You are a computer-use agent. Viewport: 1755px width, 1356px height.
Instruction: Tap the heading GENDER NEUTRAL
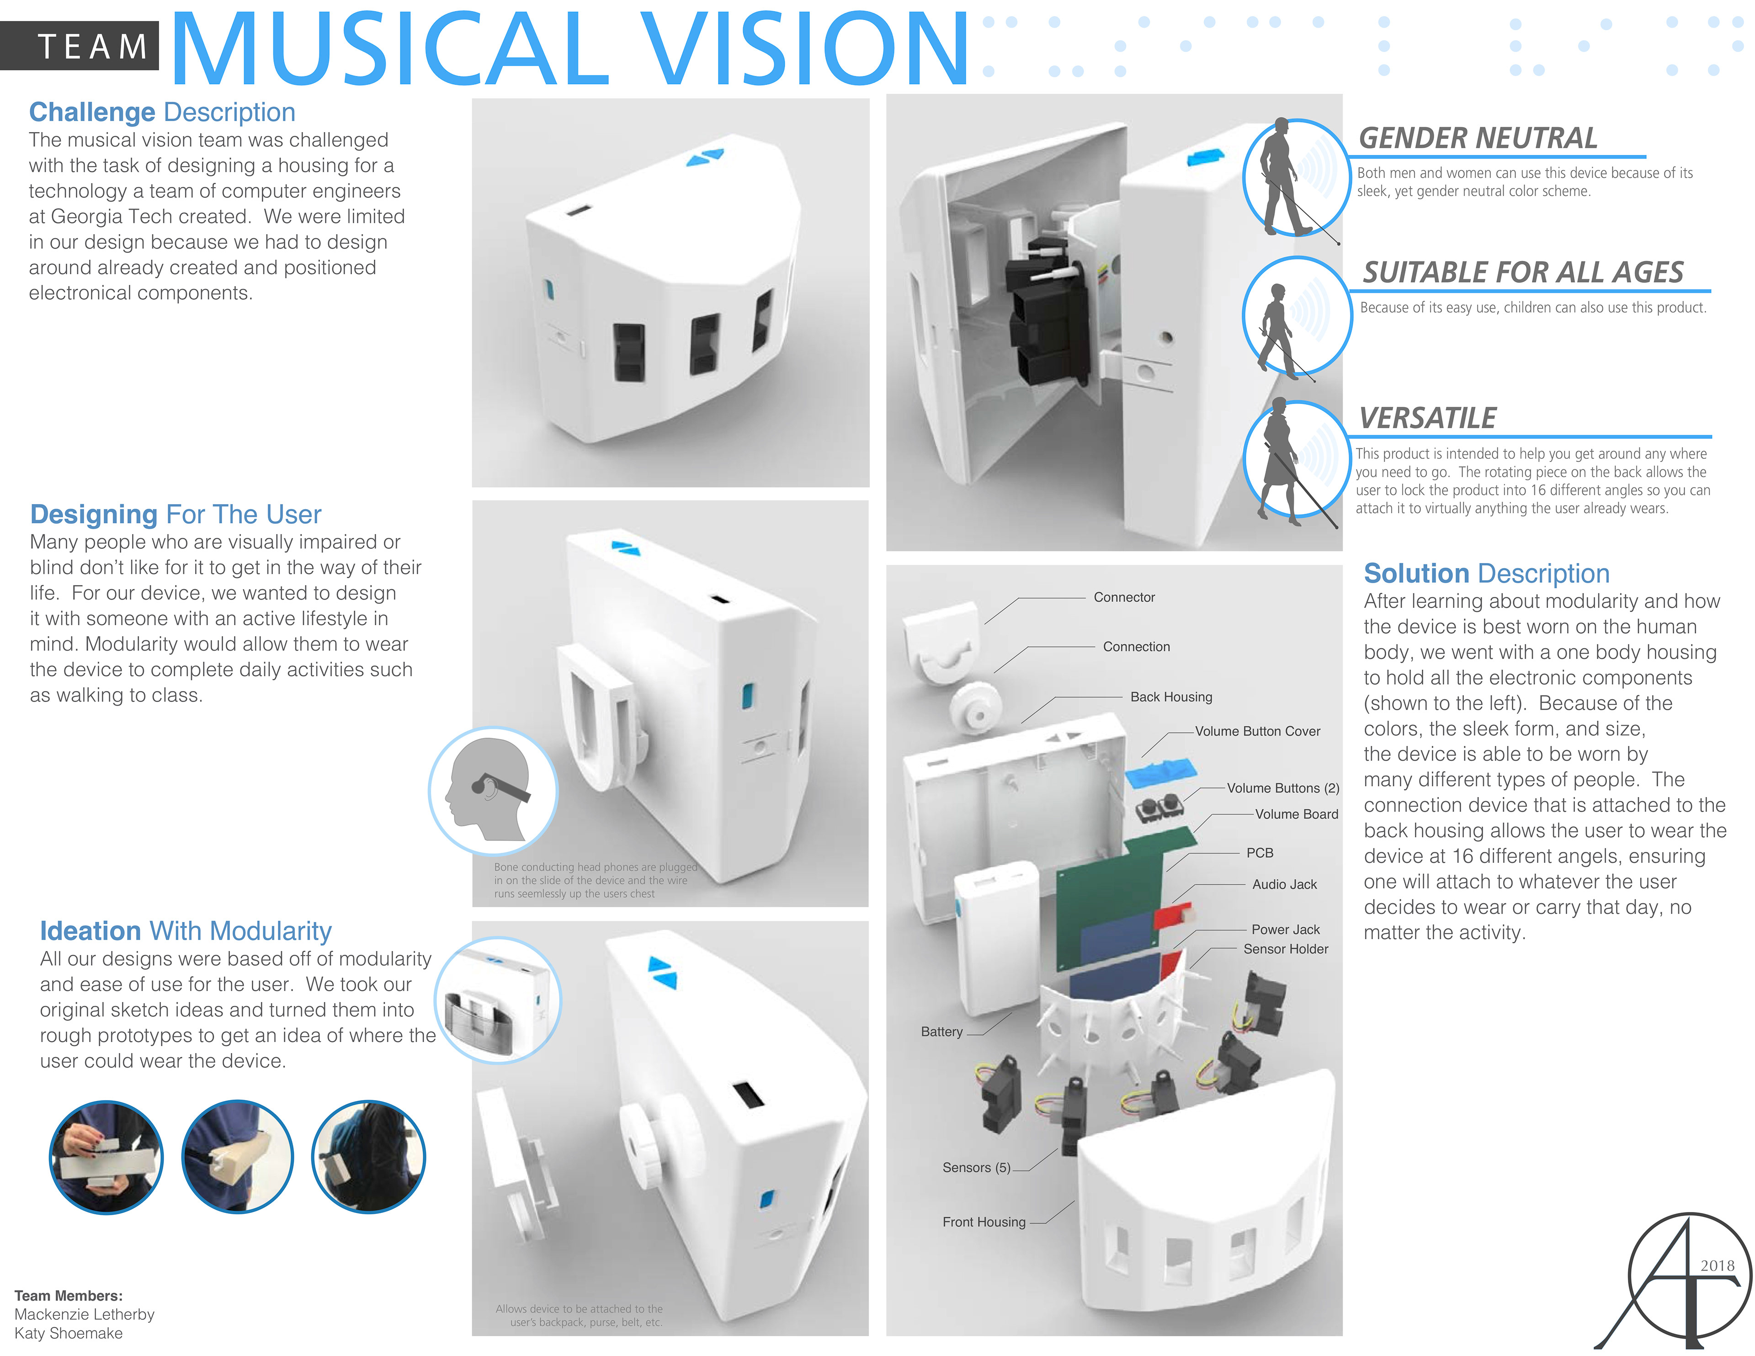(x=1477, y=138)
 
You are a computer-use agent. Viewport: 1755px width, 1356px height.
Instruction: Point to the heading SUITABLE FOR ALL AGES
(x=1522, y=272)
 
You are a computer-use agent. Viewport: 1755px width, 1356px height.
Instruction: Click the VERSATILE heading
(x=1427, y=418)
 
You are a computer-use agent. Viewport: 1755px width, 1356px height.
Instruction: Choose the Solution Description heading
(x=1486, y=573)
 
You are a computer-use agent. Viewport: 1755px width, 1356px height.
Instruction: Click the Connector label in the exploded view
(x=1123, y=597)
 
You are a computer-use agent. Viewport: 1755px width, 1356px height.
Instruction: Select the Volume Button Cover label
(x=1257, y=731)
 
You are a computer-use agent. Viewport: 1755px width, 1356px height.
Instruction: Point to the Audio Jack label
(x=1284, y=884)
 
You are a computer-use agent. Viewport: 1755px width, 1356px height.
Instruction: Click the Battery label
(x=941, y=1031)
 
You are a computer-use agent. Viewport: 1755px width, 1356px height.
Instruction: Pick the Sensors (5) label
(x=976, y=1167)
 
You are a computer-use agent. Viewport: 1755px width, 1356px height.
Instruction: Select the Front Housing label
(x=984, y=1222)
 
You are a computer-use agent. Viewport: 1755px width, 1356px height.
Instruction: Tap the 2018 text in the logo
(x=1717, y=1265)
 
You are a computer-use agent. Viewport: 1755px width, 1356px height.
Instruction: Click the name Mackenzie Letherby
(x=85, y=1314)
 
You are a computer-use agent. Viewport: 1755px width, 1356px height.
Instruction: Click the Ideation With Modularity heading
(x=186, y=931)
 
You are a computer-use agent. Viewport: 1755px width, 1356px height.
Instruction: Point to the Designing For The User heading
(x=175, y=515)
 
